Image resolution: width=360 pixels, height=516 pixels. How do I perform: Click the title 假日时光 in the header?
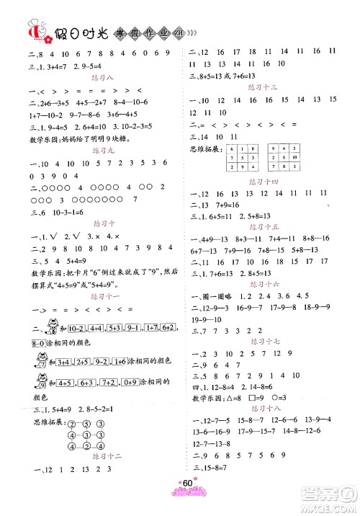point(81,32)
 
